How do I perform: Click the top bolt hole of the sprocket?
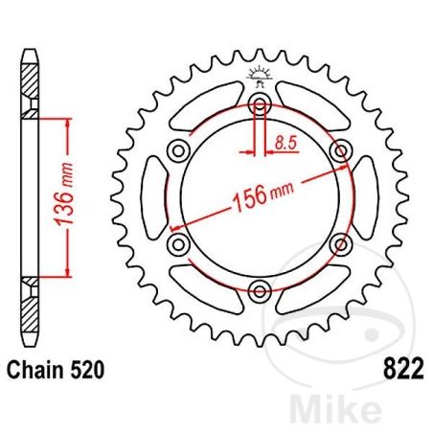point(260,105)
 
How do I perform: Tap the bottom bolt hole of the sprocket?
point(260,290)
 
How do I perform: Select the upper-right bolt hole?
point(339,151)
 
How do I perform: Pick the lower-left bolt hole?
point(179,244)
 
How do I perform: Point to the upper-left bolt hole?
point(179,151)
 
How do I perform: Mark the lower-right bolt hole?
point(339,244)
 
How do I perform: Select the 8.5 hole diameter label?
point(285,144)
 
